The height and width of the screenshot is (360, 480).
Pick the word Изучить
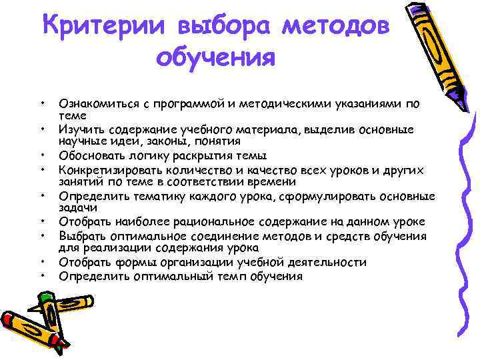[x=80, y=129]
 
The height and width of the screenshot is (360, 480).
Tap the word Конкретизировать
[x=109, y=169]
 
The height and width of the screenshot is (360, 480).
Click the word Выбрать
[x=81, y=235]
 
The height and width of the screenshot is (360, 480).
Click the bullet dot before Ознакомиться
[x=42, y=103]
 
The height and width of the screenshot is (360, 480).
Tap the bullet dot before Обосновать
[x=42, y=156]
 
